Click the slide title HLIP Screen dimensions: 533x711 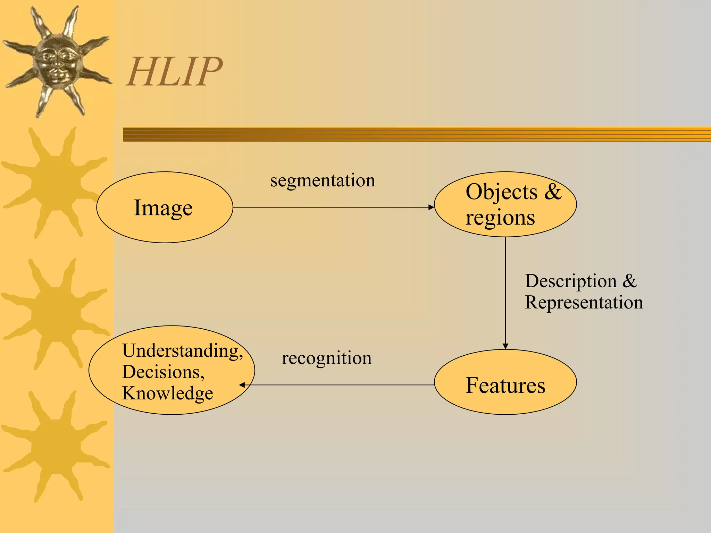pos(174,72)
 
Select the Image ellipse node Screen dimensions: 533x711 pos(165,208)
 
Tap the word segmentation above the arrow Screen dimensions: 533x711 pos(323,181)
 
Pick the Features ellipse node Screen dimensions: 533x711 pos(505,385)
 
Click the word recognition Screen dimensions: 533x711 pos(326,358)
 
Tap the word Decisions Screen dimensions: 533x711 pos(162,372)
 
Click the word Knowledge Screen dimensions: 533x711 pos(167,393)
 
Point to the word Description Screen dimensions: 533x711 pos(571,281)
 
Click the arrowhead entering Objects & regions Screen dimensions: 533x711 pos(432,208)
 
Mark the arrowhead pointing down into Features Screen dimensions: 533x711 pos(505,346)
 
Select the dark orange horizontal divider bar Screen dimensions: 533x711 pos(417,134)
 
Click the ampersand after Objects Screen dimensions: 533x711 pos(553,192)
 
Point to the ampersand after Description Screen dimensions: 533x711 pos(629,281)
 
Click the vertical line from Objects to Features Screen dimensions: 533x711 pos(505,291)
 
